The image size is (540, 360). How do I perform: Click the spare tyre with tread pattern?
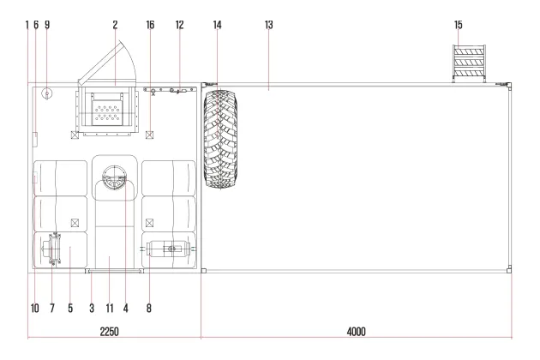click(220, 139)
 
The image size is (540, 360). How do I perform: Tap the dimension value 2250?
click(109, 332)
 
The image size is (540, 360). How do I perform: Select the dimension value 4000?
click(356, 332)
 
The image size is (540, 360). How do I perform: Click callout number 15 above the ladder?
click(458, 25)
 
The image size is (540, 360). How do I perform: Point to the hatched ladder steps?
click(469, 63)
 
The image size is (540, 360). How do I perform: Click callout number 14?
click(217, 25)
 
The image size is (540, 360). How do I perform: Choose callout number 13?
click(268, 25)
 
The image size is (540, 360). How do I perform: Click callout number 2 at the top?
click(115, 25)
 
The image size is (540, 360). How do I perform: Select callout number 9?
click(47, 25)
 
